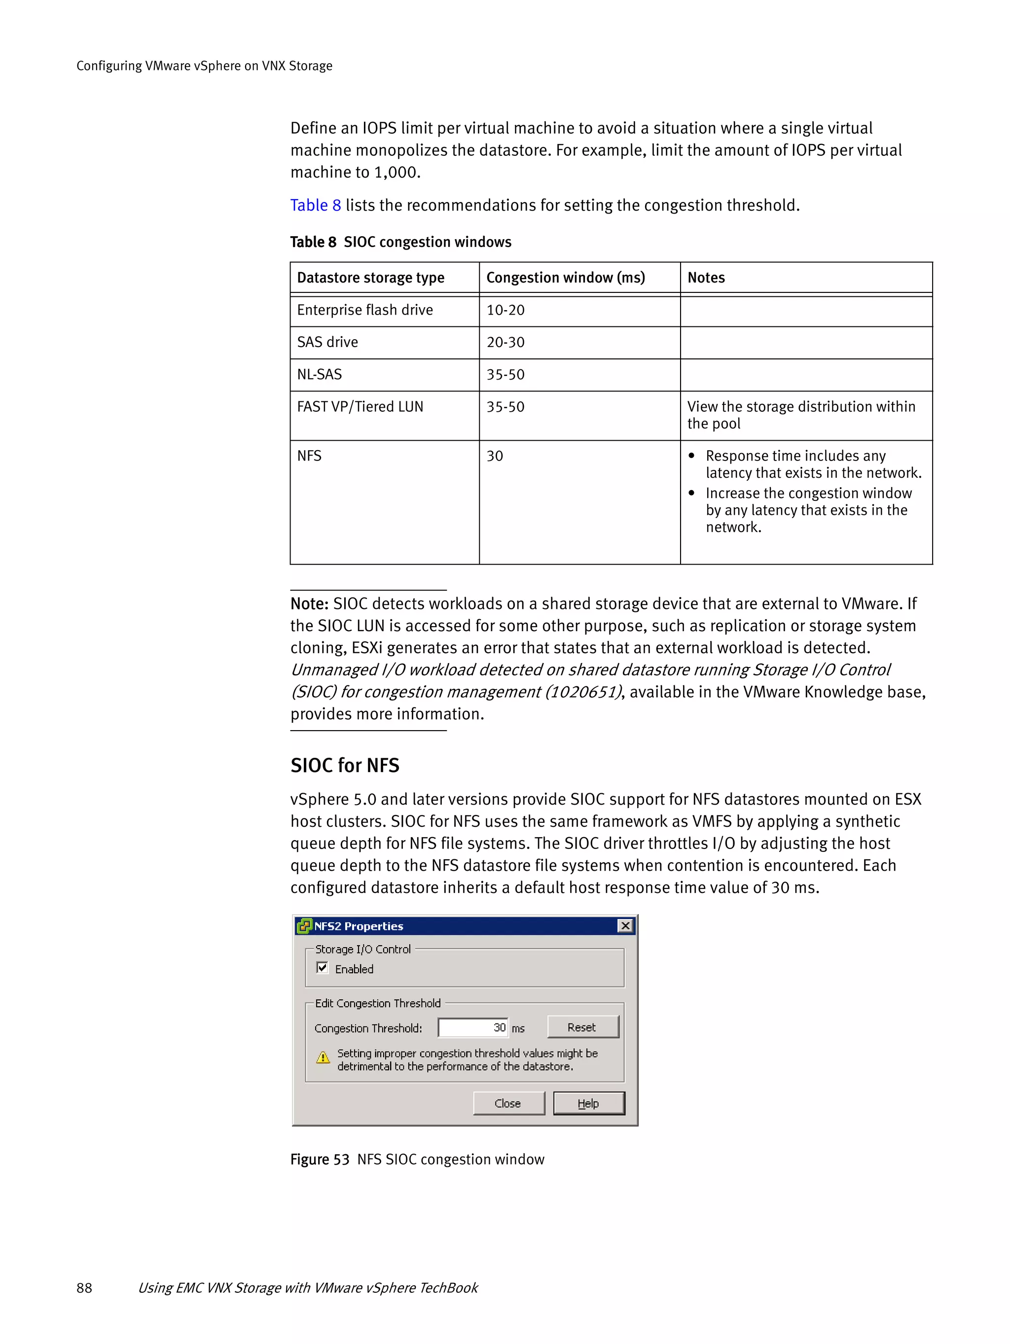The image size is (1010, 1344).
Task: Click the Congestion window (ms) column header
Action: [565, 278]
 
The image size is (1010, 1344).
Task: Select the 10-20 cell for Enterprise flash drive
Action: [505, 311]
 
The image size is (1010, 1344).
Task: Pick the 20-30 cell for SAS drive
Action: [505, 343]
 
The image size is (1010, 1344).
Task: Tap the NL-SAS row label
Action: [319, 375]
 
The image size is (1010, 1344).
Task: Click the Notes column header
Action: [706, 278]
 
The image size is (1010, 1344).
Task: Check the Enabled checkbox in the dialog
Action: [323, 968]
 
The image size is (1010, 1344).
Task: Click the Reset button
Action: [582, 1027]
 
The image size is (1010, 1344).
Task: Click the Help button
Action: [588, 1103]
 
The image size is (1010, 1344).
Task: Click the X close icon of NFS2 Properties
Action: [625, 925]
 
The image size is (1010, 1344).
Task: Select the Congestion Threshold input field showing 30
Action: [473, 1027]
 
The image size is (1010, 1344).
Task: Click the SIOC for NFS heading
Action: [345, 766]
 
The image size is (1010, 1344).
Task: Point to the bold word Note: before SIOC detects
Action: [309, 604]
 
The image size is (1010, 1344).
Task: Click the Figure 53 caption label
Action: [320, 1159]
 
